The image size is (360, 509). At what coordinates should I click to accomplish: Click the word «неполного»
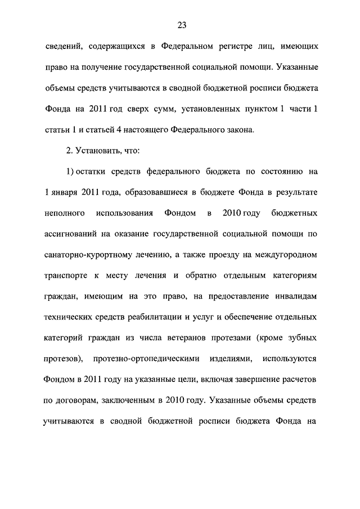[x=65, y=213]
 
